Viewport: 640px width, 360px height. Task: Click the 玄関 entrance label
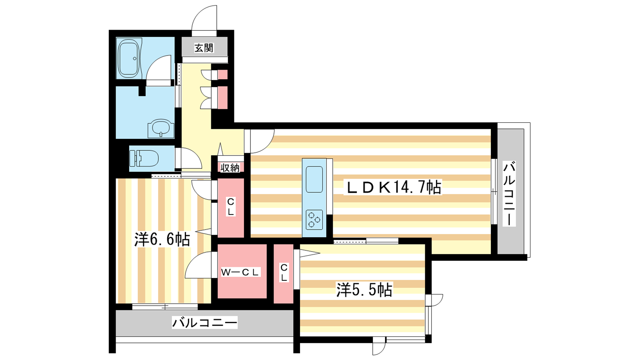click(x=204, y=48)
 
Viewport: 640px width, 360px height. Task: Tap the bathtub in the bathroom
click(x=128, y=58)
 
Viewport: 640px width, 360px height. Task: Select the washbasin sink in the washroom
click(x=160, y=128)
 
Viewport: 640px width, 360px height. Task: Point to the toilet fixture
click(x=144, y=158)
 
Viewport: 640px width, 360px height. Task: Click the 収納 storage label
click(x=230, y=168)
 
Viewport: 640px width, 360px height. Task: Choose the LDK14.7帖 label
click(x=393, y=188)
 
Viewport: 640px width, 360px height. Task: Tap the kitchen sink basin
click(x=314, y=180)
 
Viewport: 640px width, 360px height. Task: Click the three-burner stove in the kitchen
click(x=314, y=220)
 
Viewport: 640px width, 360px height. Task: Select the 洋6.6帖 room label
click(x=162, y=239)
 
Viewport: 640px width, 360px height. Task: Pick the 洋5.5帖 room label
click(x=364, y=290)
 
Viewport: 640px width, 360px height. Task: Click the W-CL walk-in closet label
click(x=240, y=272)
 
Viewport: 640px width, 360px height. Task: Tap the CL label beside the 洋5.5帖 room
click(x=284, y=272)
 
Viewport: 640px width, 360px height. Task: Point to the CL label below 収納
click(x=230, y=207)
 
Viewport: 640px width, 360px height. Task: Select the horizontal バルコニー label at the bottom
click(x=204, y=322)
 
